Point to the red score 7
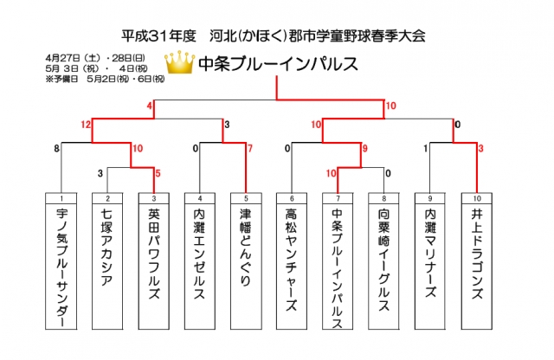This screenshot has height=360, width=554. (x=250, y=148)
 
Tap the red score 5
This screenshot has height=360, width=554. (x=158, y=173)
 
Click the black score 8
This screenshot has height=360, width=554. (x=56, y=148)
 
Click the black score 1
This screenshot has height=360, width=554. (x=425, y=148)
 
